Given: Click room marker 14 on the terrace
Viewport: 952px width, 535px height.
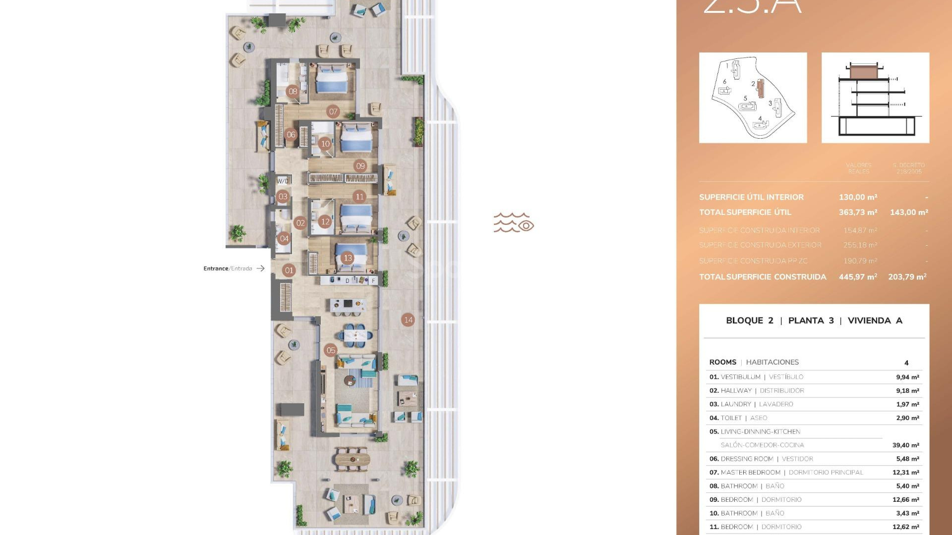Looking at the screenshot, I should coord(408,320).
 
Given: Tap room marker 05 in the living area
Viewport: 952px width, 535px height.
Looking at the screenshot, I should coord(331,351).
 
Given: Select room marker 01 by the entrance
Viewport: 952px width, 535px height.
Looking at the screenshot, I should coord(289,270).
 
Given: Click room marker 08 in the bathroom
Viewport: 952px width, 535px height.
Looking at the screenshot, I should coord(293,91).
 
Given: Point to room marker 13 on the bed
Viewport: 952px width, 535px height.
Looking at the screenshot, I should coord(348,258).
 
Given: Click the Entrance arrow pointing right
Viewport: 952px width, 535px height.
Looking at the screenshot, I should coord(260,268).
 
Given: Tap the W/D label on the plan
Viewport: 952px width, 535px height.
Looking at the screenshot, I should coord(283,181).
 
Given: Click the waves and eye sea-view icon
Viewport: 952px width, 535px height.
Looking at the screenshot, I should coord(514,223).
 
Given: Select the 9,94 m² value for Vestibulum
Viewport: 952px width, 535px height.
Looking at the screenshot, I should coord(907,377).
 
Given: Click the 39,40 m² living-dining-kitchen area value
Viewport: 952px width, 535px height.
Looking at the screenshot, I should coord(905,445).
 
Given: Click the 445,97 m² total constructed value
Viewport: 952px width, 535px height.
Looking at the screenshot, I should coord(858,277).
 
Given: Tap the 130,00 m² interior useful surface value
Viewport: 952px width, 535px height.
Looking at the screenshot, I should coord(858,197).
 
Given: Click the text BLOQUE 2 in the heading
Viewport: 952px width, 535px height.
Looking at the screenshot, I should coord(749,321).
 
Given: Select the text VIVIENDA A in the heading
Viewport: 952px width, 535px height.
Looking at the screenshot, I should coord(875,321).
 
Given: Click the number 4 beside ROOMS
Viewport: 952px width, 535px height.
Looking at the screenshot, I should coord(906,363).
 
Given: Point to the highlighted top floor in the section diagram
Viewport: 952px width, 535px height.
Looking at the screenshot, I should coord(864,72).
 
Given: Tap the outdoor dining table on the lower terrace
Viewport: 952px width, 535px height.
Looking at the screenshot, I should coord(352,459).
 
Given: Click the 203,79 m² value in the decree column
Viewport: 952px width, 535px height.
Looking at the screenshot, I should coord(907,277).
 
